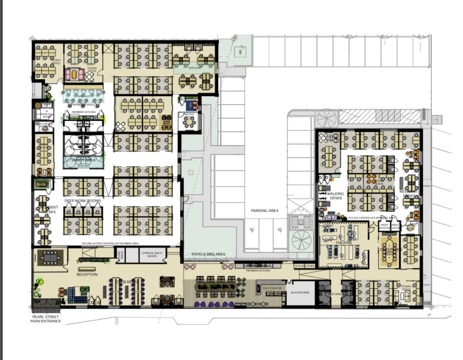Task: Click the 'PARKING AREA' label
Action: click(265, 210)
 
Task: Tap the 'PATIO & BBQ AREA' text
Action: click(208, 254)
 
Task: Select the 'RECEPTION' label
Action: click(87, 274)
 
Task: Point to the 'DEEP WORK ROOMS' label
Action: click(83, 201)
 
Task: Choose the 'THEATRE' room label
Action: click(344, 243)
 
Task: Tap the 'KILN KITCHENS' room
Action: click(299, 292)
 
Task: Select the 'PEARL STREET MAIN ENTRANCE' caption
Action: click(46, 319)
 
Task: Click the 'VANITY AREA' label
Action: click(83, 159)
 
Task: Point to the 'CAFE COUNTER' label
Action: click(271, 288)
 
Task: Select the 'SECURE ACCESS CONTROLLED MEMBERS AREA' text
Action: click(110, 243)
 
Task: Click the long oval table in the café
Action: click(217, 284)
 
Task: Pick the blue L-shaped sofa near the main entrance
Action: click(75, 295)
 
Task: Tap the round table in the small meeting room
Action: click(190, 122)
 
